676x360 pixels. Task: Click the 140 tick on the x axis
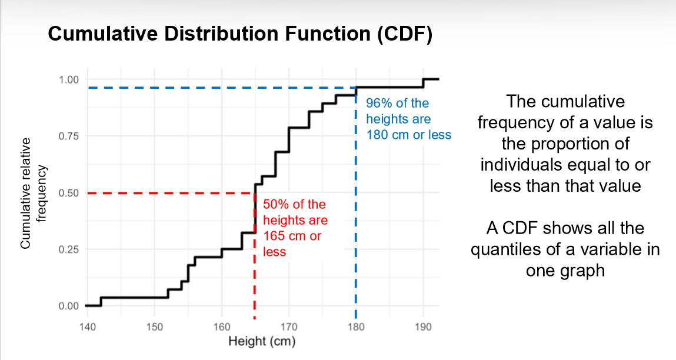[87, 327]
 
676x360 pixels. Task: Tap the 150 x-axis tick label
[154, 327]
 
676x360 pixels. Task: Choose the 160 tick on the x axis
[221, 327]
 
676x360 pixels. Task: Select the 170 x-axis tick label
[288, 327]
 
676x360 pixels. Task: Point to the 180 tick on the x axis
[355, 327]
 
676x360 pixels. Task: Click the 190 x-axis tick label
[422, 327]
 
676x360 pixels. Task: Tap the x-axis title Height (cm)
[262, 341]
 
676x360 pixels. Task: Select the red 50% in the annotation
[275, 205]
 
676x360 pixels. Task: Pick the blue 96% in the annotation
[378, 104]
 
